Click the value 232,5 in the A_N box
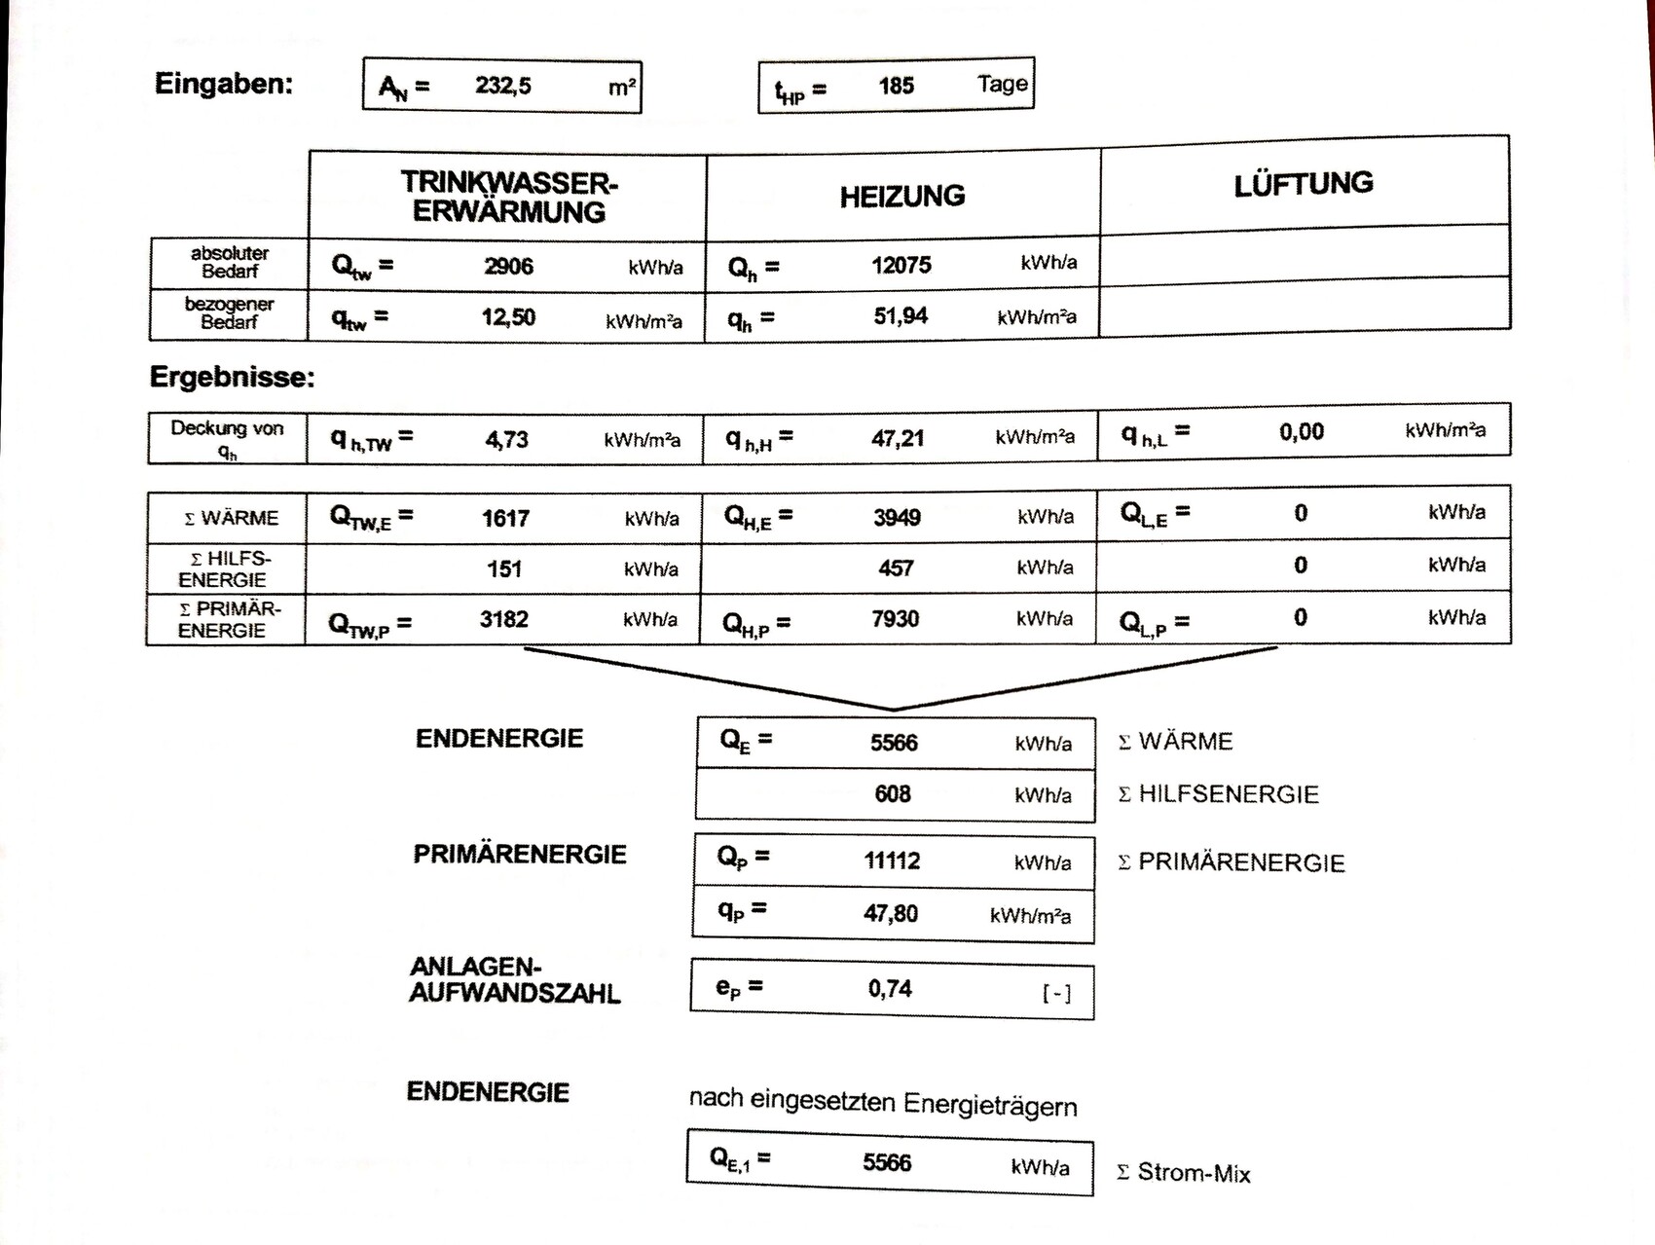(x=503, y=86)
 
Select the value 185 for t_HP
(x=896, y=86)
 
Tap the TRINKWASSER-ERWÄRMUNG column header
(x=509, y=197)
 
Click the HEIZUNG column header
(x=902, y=196)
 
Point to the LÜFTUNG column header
(x=1304, y=184)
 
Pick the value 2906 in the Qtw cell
(x=508, y=266)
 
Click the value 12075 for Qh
(x=901, y=265)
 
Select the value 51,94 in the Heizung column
(x=901, y=315)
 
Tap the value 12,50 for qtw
(x=508, y=317)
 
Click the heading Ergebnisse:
(x=232, y=378)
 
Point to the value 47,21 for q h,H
(x=898, y=438)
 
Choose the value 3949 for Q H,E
(x=897, y=517)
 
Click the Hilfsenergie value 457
(x=896, y=568)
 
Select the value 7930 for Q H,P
(x=895, y=618)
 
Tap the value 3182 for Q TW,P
(x=503, y=619)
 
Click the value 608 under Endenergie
(x=892, y=794)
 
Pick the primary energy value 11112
(x=892, y=861)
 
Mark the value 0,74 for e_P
(x=890, y=989)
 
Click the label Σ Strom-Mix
(x=1184, y=1173)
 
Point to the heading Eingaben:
(x=223, y=84)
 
